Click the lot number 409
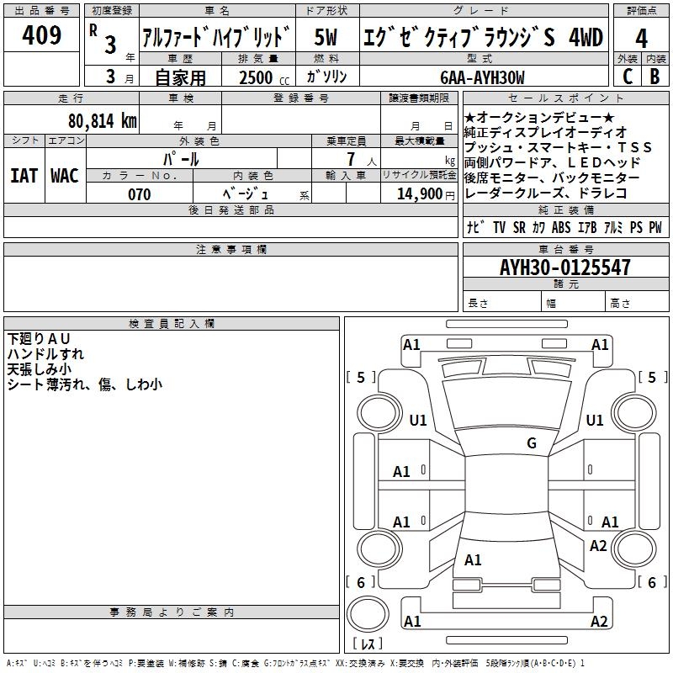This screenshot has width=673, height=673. [x=42, y=35]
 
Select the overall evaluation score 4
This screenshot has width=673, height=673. [x=641, y=39]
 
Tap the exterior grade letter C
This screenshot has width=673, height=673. [x=627, y=76]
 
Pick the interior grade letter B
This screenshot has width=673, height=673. [x=654, y=76]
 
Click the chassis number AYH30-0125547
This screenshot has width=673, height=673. [x=564, y=268]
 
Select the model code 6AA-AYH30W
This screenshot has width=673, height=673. [x=482, y=77]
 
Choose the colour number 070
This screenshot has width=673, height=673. [x=139, y=194]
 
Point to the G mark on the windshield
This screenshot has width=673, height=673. [x=532, y=443]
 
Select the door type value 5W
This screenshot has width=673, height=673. [x=326, y=37]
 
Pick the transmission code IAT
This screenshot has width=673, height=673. [x=24, y=175]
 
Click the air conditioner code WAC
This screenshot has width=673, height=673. [x=65, y=175]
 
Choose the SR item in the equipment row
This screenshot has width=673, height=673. [x=518, y=227]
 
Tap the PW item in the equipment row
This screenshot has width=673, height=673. [x=654, y=227]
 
